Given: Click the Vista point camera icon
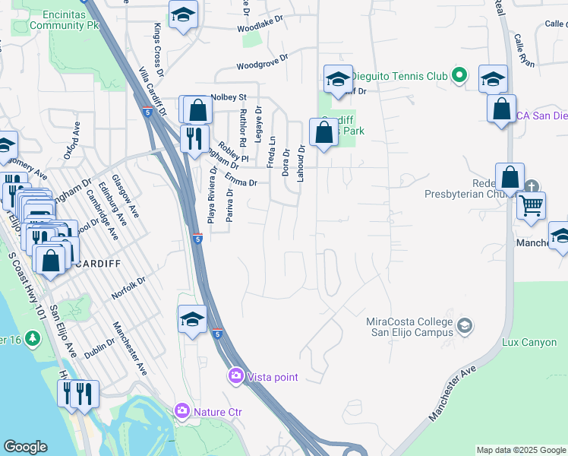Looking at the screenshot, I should pos(236,376).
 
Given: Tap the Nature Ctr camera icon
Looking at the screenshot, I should pos(182,412).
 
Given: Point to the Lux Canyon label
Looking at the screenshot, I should pos(529,343).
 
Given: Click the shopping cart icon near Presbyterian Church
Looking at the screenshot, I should pos(532,204).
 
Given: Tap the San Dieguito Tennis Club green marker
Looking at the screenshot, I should pos(459,75).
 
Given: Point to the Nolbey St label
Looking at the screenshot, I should pos(229,97).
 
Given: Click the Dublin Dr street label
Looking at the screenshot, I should pos(100,349).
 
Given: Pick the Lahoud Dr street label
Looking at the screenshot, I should pos(301,162).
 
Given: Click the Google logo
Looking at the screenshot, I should pos(25,447).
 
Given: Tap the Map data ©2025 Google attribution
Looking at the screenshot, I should pos(520,450).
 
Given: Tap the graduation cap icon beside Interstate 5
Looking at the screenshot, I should pos(193,320).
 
